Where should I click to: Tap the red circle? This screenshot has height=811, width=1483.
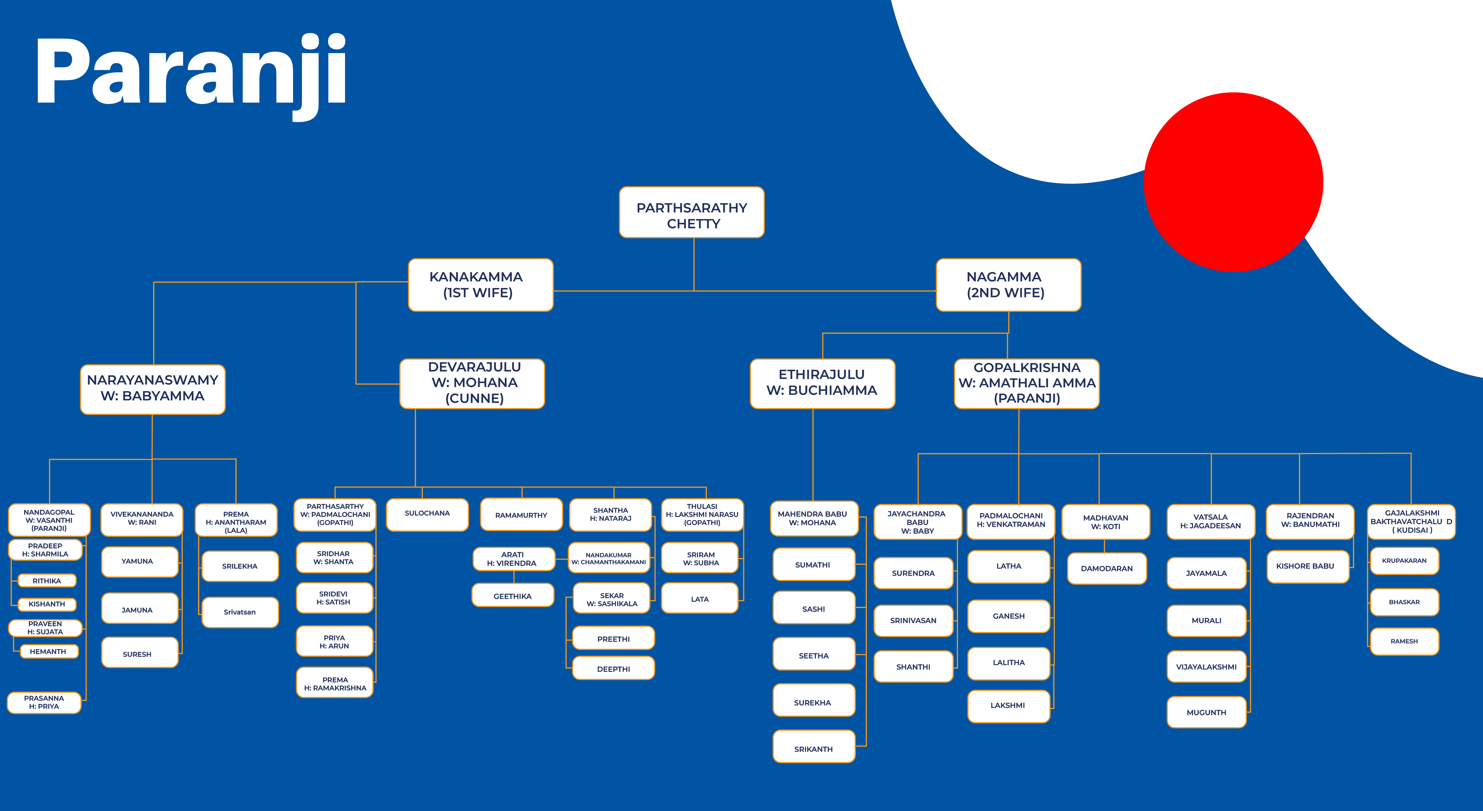(x=1233, y=182)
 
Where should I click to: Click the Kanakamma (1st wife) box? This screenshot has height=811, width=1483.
(x=481, y=285)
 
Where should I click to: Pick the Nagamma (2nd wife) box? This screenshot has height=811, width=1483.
(x=1009, y=285)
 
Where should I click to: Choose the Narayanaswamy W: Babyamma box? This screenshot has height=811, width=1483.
(x=153, y=389)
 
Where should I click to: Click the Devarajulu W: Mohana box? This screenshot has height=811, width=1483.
(x=472, y=383)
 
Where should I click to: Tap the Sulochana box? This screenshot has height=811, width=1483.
(x=427, y=514)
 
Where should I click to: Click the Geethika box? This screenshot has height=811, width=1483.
(x=513, y=595)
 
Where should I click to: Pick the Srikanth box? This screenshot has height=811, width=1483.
(x=814, y=746)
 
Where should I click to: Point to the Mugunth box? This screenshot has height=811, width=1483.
(x=1207, y=712)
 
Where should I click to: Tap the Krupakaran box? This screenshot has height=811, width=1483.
(x=1405, y=560)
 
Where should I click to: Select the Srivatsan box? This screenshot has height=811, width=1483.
(x=240, y=612)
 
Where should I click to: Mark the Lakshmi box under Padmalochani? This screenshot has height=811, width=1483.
(x=1009, y=706)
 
